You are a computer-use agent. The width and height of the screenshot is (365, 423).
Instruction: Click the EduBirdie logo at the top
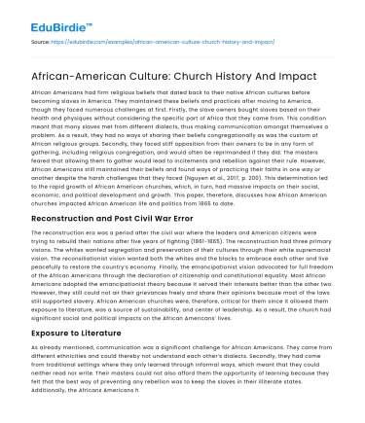point(48,18)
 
